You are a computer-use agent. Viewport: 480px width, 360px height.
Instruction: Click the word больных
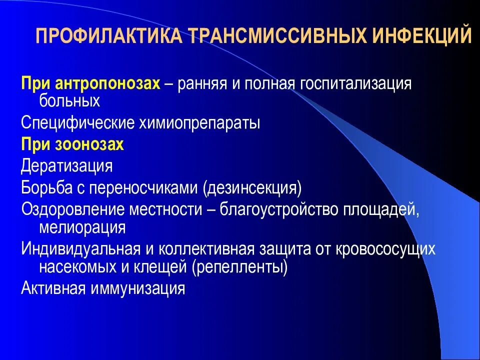pos(69,101)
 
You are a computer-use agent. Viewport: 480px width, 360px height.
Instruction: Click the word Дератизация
pos(67,165)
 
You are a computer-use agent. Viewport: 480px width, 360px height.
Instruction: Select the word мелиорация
pos(82,228)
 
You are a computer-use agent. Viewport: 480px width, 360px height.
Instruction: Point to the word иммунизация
pos(135,289)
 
